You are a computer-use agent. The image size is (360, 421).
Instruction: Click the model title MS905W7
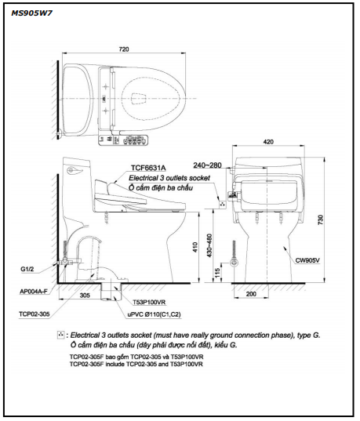pos(31,13)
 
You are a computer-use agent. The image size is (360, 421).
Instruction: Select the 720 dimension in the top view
pos(124,49)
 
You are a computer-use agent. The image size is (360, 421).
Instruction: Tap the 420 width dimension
pos(268,142)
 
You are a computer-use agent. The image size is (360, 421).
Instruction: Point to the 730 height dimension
pos(321,220)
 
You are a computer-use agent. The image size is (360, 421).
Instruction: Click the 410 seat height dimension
pos(195,247)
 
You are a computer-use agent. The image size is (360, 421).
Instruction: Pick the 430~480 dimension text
pos(210,245)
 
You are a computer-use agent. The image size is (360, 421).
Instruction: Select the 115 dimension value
pos(218,273)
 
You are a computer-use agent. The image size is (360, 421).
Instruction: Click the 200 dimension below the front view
pos(251,294)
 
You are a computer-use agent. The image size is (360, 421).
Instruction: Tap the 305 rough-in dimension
pos(85,296)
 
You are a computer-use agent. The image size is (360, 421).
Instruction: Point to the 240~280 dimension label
pos(207,165)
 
